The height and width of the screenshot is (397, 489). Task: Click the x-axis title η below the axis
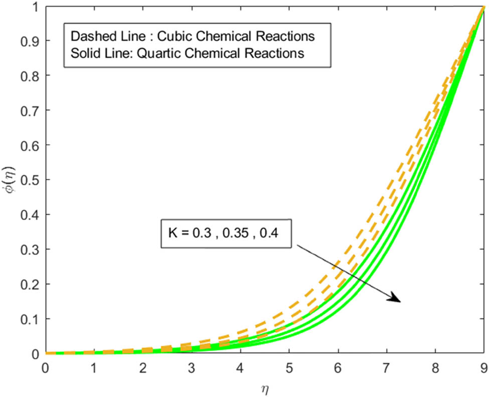coord(264,387)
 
